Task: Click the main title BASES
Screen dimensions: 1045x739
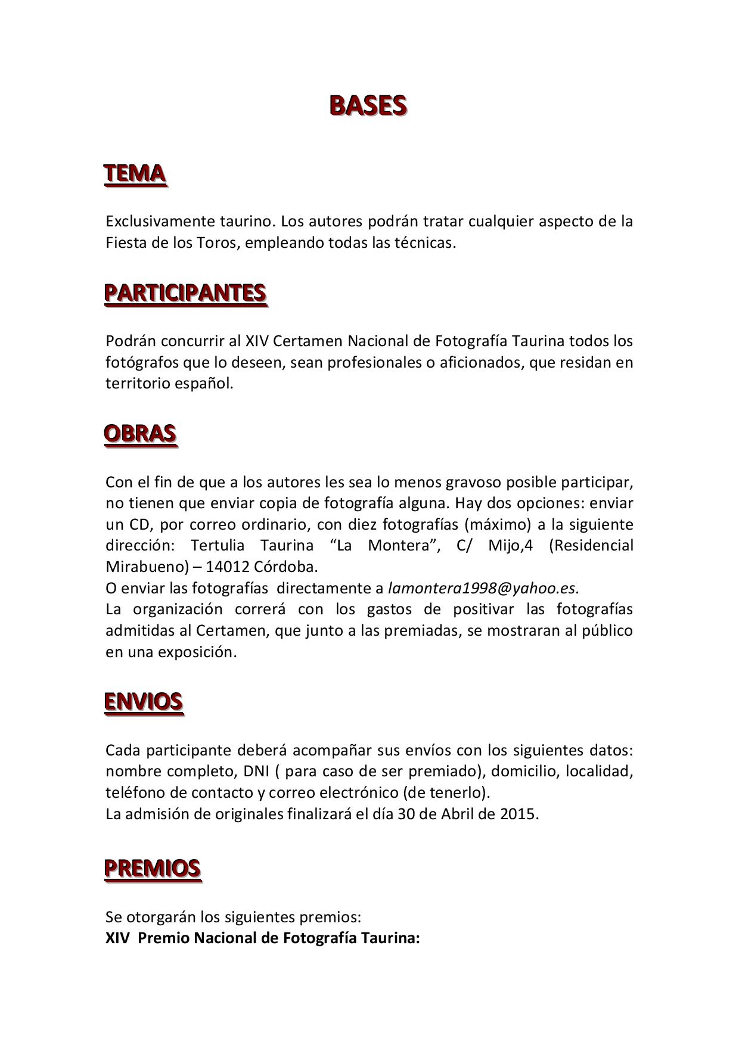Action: [368, 105]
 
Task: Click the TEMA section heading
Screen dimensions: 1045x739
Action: [135, 174]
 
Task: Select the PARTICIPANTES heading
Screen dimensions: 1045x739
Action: [185, 293]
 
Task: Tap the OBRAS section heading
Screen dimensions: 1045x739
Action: [140, 434]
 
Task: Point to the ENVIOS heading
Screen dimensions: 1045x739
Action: [144, 702]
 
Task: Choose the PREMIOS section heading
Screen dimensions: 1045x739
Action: [153, 869]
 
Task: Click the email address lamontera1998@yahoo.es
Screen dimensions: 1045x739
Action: [483, 589]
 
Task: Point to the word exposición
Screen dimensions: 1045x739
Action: [197, 652]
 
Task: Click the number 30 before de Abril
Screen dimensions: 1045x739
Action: [406, 814]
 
